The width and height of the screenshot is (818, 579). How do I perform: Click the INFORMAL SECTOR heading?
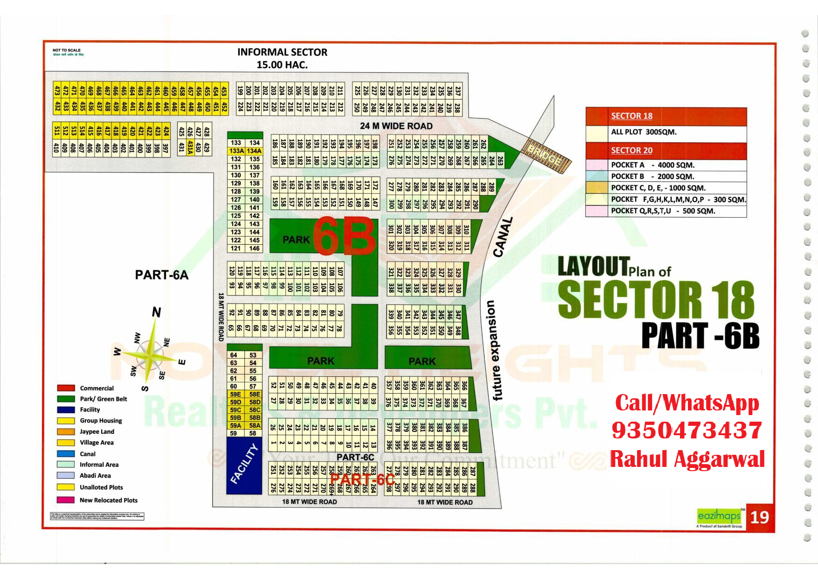click(282, 52)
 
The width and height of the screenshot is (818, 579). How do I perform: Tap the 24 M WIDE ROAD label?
click(396, 126)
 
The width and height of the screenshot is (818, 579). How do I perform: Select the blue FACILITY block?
click(244, 465)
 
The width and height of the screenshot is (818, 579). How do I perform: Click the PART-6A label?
click(161, 275)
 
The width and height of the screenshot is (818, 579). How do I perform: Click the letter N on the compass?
click(157, 312)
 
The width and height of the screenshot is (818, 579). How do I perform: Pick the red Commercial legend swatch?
click(66, 388)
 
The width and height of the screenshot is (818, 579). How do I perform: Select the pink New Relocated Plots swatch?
click(66, 500)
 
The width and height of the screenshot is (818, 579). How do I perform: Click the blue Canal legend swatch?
click(66, 454)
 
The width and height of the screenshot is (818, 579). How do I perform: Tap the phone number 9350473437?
click(686, 431)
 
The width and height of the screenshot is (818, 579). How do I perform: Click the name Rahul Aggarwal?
click(687, 459)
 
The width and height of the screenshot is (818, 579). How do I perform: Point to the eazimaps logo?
click(719, 516)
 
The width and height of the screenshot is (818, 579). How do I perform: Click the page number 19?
click(760, 517)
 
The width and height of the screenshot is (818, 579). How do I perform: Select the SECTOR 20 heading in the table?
click(631, 150)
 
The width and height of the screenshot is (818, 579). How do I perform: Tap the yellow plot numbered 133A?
click(236, 151)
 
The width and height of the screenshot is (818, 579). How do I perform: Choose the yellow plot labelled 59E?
click(236, 394)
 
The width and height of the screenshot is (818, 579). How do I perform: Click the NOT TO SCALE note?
click(66, 50)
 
